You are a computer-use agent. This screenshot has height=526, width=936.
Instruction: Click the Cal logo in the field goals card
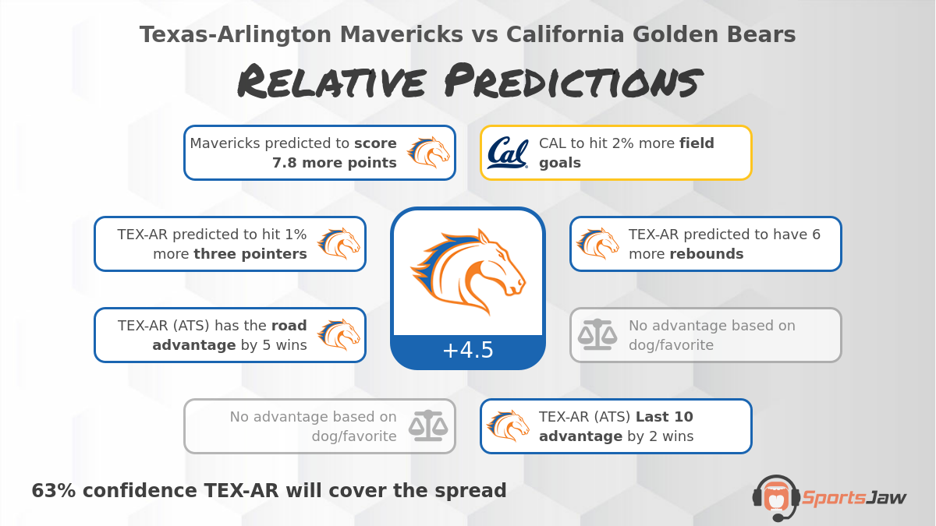508,153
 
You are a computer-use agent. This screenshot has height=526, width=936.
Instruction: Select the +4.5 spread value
468,351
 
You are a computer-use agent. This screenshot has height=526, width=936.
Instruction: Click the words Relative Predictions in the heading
468,83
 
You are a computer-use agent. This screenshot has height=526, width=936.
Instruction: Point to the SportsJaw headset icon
775,496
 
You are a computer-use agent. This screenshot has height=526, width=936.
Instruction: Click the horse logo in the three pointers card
339,244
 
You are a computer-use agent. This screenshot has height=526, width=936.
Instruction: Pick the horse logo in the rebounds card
597,244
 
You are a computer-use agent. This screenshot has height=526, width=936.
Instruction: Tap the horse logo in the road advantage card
339,335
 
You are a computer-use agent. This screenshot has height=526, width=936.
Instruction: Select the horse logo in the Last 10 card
508,426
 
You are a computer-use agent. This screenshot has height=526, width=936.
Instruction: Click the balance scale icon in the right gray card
597,335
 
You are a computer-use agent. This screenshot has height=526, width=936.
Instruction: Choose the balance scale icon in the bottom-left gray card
430,426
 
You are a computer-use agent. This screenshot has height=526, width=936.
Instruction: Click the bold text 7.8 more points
334,163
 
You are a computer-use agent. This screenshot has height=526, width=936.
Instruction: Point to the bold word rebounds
706,254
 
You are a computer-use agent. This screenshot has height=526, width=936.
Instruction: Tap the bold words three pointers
250,254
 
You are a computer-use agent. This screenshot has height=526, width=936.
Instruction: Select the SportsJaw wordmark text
854,497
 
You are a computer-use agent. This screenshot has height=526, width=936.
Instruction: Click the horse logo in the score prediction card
428,153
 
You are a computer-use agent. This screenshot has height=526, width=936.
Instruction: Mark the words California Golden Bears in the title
651,35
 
